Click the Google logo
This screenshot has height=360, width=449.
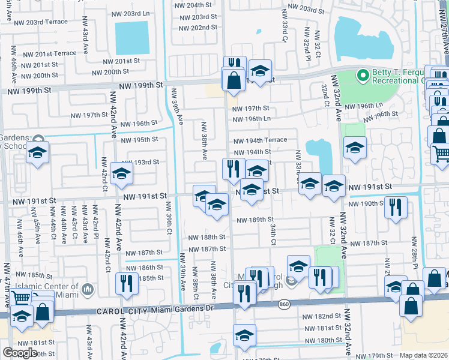pos(20,353)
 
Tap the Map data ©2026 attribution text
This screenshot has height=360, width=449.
pos(424,355)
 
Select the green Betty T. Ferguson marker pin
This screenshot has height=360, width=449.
pos(362,76)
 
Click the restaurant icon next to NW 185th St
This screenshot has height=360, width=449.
pos(126,284)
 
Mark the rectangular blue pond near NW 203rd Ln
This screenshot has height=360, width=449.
pos(131,38)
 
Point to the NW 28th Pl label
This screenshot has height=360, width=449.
pos(415,257)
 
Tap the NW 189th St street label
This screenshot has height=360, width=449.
pos(255,220)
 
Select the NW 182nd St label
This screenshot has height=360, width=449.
pos(322,316)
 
